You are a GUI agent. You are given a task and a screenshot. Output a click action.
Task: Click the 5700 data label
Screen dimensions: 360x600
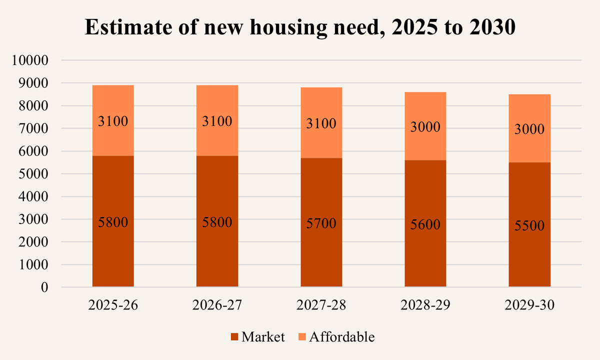tap(321, 224)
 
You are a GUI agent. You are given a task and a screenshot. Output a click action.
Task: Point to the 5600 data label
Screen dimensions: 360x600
tap(425, 225)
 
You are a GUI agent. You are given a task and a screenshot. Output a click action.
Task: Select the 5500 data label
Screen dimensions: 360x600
tap(529, 226)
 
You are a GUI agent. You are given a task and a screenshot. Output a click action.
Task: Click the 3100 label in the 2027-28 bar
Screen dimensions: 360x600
tap(321, 123)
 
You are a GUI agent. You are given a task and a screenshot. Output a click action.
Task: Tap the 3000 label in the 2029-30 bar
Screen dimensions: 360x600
tap(529, 129)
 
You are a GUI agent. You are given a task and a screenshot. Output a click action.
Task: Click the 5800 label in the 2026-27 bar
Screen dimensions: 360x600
tap(217, 222)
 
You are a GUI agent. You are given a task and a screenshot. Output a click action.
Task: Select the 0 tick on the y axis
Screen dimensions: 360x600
tap(44, 287)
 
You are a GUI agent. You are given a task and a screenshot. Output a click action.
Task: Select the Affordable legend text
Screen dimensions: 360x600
tap(341, 337)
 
